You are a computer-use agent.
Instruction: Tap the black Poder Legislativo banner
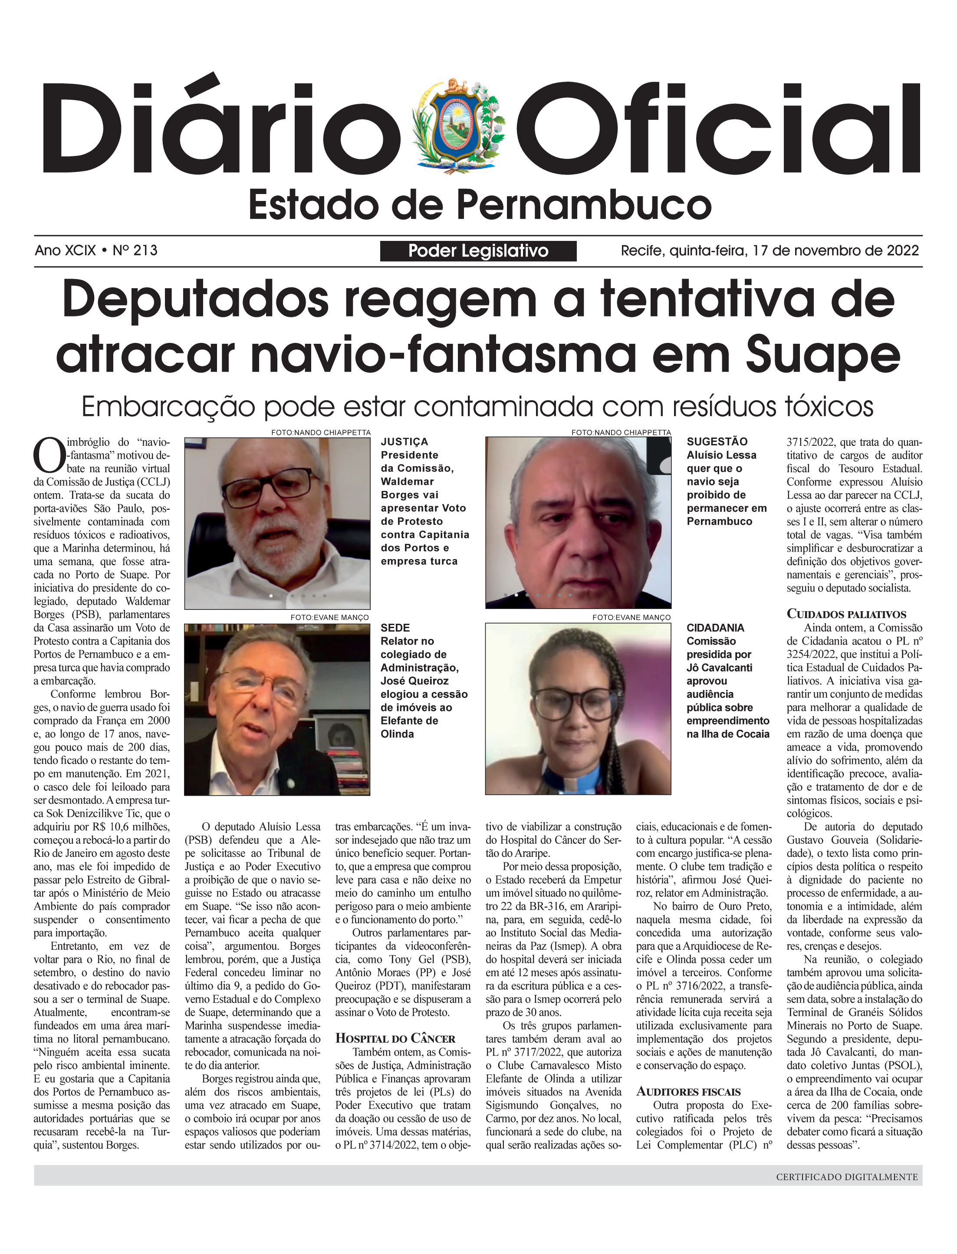pyautogui.click(x=478, y=251)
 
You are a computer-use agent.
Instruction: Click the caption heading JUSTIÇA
pyautogui.click(x=405, y=441)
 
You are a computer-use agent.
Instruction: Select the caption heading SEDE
pyautogui.click(x=395, y=628)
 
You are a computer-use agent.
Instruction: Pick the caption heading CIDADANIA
pyautogui.click(x=715, y=628)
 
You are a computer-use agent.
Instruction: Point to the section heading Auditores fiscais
pyautogui.click(x=688, y=1092)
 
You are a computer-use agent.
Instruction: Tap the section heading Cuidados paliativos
pyautogui.click(x=846, y=614)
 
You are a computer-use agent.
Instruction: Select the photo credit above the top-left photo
pyautogui.click(x=321, y=432)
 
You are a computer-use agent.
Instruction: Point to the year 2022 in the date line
pyautogui.click(x=902, y=251)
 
